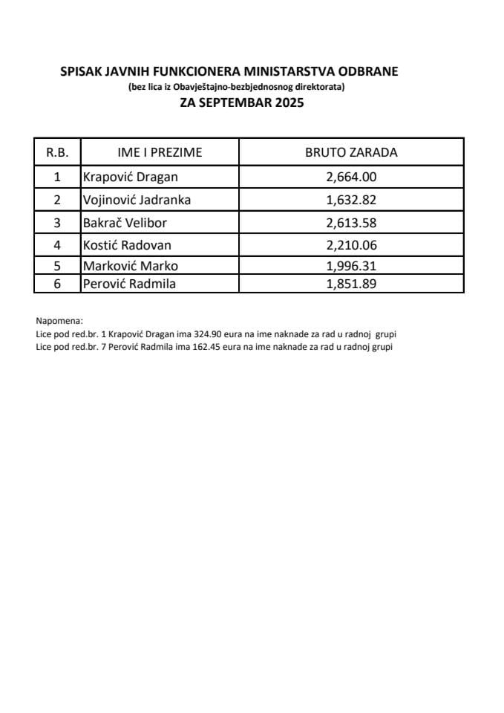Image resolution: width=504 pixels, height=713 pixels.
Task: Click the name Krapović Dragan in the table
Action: [x=130, y=177]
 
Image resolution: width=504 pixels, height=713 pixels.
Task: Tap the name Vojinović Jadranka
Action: [x=137, y=200]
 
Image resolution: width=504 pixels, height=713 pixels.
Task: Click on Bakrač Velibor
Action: [x=125, y=223]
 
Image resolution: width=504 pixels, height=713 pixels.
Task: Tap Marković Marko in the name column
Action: [x=131, y=266]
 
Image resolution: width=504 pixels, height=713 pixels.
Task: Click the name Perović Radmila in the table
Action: [x=130, y=283]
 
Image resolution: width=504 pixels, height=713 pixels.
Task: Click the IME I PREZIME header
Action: [x=160, y=153]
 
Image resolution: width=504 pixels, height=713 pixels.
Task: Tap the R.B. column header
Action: [x=57, y=153]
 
